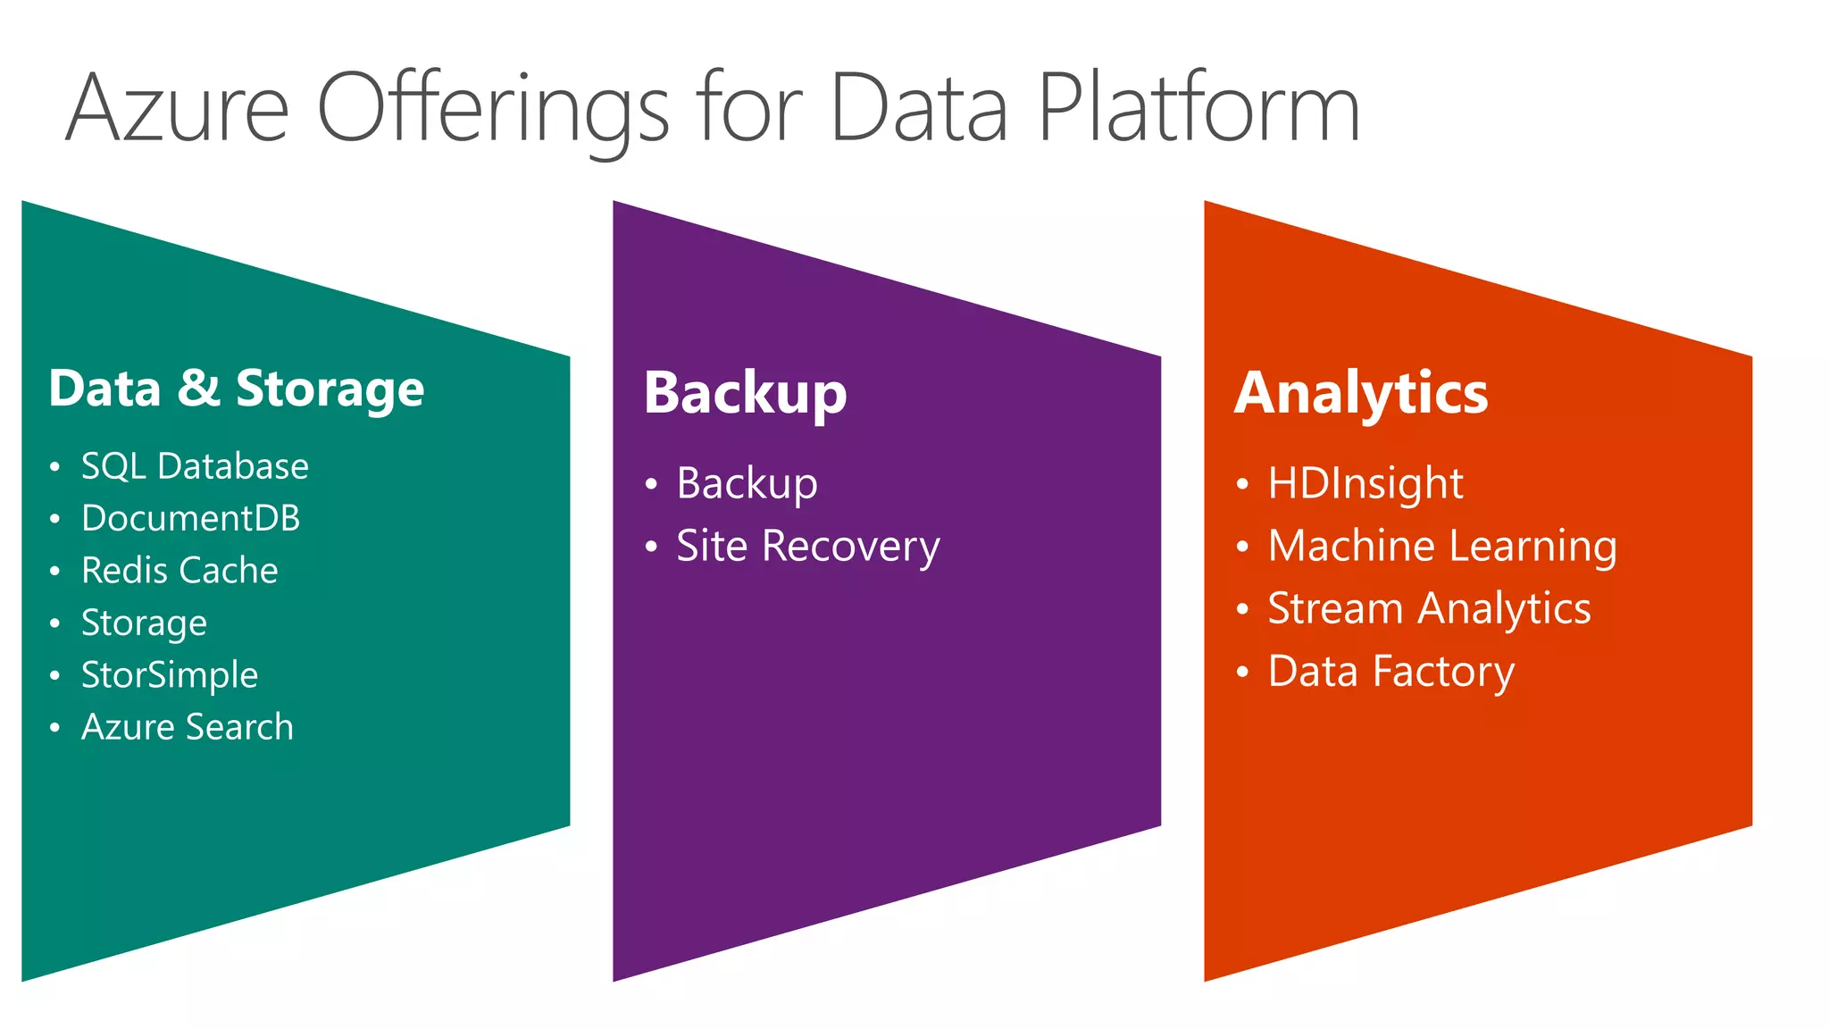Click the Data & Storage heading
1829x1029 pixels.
point(237,389)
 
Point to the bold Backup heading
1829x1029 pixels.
point(745,393)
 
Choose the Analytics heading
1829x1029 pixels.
point(1361,393)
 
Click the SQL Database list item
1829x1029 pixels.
point(195,466)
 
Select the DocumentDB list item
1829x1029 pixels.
point(190,518)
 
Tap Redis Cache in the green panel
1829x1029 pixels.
point(180,570)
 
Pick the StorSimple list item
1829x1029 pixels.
point(170,674)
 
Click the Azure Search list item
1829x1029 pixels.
point(188,726)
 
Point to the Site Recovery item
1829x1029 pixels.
point(807,546)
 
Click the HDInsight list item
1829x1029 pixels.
point(1365,483)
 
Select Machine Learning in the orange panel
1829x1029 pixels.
point(1441,546)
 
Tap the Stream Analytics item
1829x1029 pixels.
point(1429,608)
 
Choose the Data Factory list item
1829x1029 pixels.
point(1391,671)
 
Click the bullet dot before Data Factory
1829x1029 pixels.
point(1242,672)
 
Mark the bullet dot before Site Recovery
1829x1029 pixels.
point(651,547)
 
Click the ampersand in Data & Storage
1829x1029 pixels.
point(197,389)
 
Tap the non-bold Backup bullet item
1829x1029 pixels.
point(747,483)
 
